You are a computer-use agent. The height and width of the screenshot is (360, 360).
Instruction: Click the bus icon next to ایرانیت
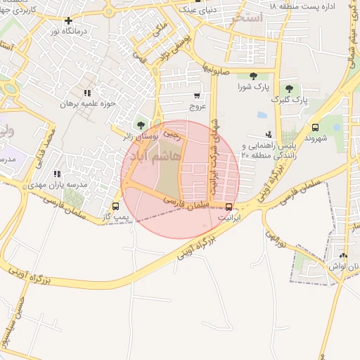pos(229,206)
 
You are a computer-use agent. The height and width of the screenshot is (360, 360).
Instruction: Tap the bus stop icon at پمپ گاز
pos(115,206)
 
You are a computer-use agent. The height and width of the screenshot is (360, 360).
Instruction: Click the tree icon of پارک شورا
pos(253,76)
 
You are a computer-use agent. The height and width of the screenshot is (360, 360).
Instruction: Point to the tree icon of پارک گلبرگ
pos(289,89)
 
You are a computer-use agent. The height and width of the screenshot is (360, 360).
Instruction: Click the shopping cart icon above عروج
pos(197,96)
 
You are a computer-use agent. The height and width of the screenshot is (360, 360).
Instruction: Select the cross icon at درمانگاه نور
pos(68,20)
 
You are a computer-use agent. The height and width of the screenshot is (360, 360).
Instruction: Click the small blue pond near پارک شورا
pos(262,115)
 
